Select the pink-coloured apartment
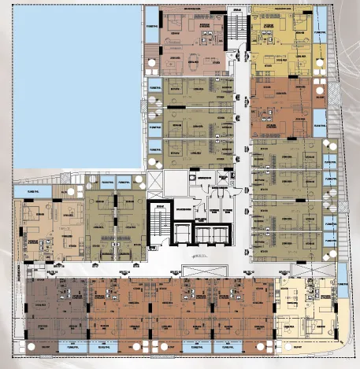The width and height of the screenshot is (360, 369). [x=193, y=39]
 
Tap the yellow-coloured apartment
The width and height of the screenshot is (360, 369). [x=280, y=39]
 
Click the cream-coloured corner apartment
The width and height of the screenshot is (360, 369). [x=307, y=311]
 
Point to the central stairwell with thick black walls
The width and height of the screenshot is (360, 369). [x=158, y=224]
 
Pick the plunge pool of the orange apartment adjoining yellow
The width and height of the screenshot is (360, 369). [x=320, y=118]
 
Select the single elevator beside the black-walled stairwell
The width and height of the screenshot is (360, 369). [x=184, y=234]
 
